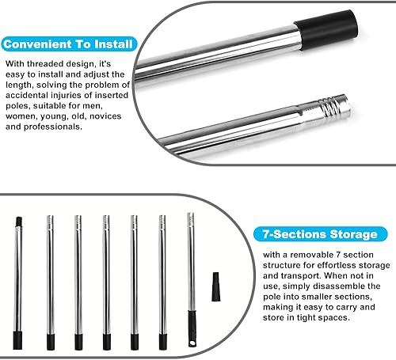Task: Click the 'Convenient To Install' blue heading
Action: point(68,44)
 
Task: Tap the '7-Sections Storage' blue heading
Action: point(320,234)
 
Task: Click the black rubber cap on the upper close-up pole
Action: point(326,30)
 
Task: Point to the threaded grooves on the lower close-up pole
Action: point(329,107)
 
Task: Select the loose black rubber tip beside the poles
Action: point(215,286)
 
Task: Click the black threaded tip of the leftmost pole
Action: point(19,222)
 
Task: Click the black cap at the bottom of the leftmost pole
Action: point(17,340)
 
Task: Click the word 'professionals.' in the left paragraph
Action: point(53,127)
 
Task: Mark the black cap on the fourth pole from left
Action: point(107,342)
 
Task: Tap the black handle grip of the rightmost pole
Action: point(192,328)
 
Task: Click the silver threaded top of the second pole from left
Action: point(50,221)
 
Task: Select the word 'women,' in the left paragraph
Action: point(21,116)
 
